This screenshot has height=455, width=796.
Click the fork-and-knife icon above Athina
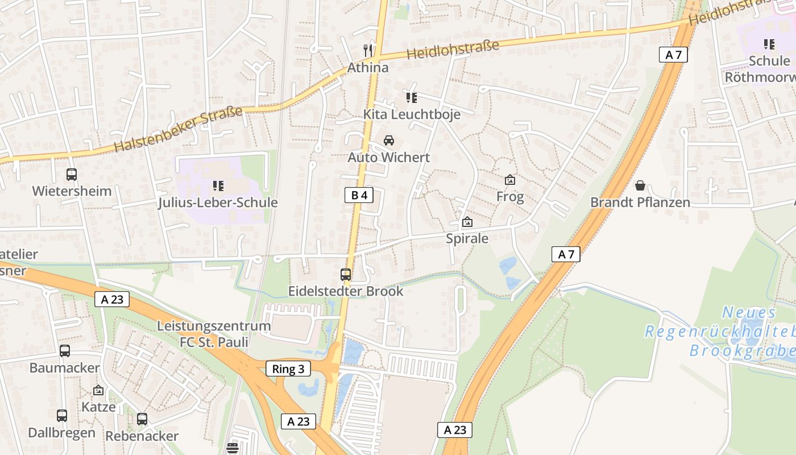[368, 51]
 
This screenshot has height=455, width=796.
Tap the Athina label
[368, 68]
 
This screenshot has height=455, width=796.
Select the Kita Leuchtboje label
[412, 114]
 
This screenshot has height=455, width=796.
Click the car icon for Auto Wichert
[389, 140]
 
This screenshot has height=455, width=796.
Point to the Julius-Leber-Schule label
[218, 202]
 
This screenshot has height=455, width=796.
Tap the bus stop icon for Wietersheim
[72, 175]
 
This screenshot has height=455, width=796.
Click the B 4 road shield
[359, 196]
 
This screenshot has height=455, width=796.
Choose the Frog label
[510, 197]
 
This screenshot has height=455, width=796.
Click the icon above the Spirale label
[467, 222]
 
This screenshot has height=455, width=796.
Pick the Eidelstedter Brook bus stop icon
[346, 275]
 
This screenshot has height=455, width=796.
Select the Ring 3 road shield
[288, 369]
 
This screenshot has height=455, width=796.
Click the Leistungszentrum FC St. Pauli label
[214, 334]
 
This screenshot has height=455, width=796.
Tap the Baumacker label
[65, 367]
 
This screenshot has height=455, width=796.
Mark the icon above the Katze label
[98, 391]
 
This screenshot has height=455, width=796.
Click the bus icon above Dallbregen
[62, 416]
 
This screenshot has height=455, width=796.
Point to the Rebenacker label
[142, 436]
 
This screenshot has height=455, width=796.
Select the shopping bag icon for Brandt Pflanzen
[640, 185]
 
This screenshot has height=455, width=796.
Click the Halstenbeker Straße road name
[179, 129]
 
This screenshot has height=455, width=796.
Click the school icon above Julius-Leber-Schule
[218, 185]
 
